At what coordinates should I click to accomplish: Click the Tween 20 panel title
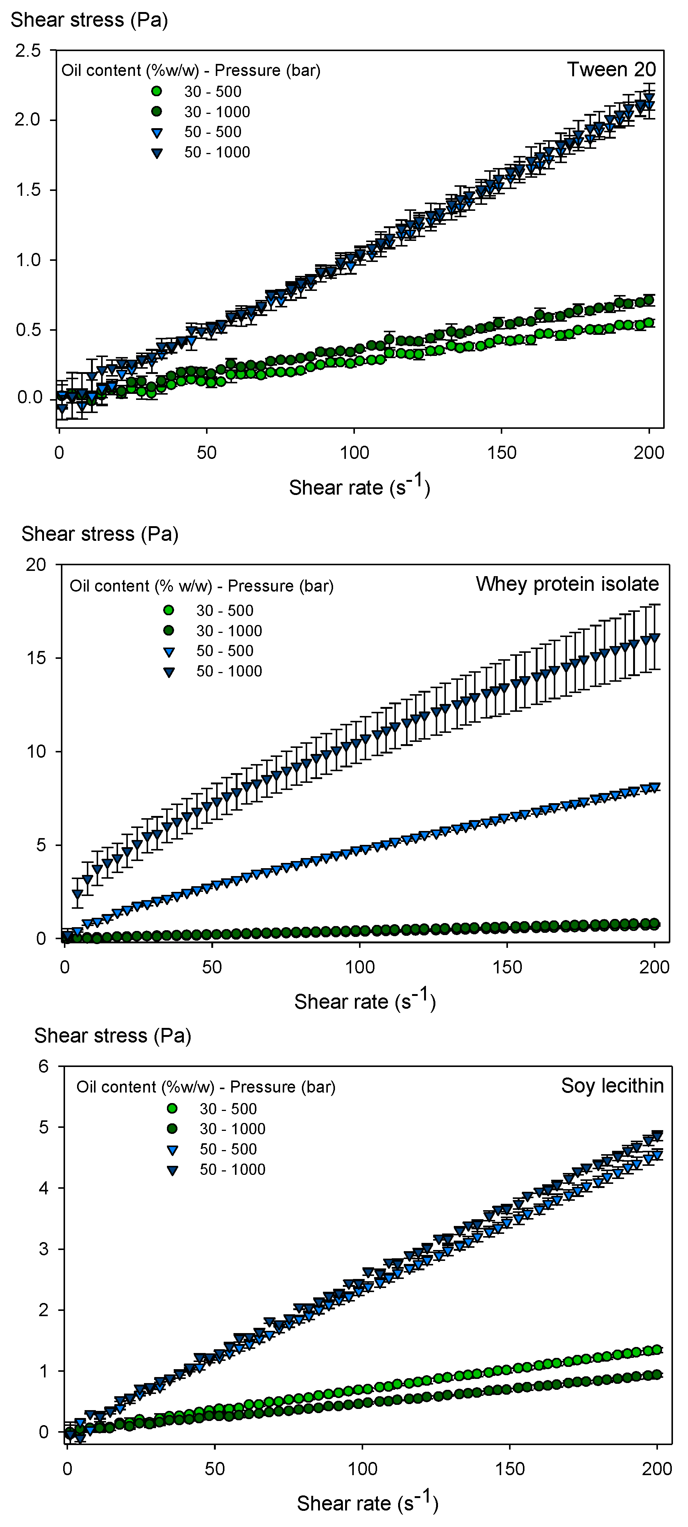coord(611,70)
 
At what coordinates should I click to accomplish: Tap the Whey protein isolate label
coord(567,584)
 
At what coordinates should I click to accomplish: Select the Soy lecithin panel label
coord(612,1085)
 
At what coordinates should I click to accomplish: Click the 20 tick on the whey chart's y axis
coord(36,564)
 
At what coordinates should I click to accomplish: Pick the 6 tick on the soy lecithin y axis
coord(43,1066)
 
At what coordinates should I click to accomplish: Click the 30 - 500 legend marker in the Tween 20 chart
coord(156,91)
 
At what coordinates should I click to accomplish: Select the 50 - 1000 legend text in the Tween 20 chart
coord(217,152)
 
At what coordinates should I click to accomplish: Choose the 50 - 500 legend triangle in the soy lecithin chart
coord(173,1150)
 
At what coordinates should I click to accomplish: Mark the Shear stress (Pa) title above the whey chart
coord(100,534)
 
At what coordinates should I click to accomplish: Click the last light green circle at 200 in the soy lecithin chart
coord(656,1350)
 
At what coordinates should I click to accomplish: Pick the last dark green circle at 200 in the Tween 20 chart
coord(649,300)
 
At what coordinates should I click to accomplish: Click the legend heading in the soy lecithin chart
coord(205,1087)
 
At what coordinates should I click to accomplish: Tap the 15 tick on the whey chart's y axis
coord(36,658)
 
